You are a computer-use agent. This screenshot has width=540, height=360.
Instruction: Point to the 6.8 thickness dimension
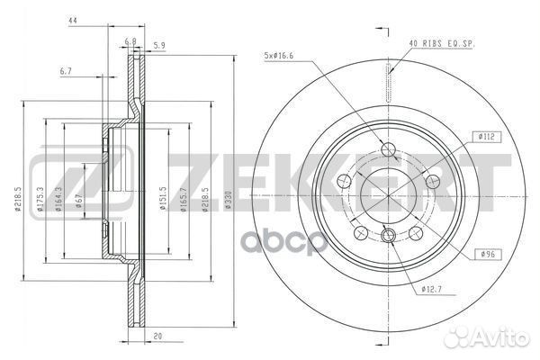click(x=130, y=41)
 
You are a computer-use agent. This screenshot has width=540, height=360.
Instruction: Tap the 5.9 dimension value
click(x=159, y=45)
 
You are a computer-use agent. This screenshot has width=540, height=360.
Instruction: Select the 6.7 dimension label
click(x=66, y=70)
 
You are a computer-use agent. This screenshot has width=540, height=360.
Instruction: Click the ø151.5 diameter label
click(x=163, y=203)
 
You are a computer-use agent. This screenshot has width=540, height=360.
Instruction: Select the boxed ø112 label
click(x=487, y=137)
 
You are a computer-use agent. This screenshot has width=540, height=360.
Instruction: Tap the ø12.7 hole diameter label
click(x=432, y=289)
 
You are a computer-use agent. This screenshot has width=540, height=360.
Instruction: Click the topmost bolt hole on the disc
click(x=388, y=150)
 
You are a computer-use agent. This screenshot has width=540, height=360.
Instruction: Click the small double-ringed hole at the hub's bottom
click(x=388, y=236)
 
